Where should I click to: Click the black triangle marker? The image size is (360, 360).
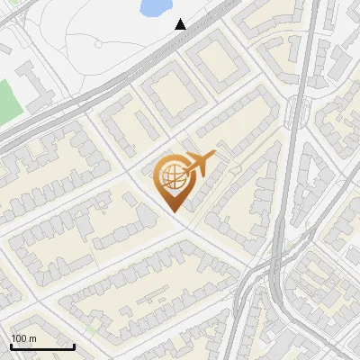pyautogui.click(x=181, y=23)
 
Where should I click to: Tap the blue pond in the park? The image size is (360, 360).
pyautogui.click(x=155, y=8)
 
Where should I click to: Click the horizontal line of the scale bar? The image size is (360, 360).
pyautogui.click(x=42, y=346)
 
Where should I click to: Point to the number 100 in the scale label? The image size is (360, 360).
pyautogui.click(x=19, y=338)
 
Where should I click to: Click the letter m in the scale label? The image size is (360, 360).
pyautogui.click(x=32, y=338)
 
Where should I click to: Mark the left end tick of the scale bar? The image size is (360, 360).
pyautogui.click(x=11, y=345)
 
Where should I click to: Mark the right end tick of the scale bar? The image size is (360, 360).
pyautogui.click(x=74, y=345)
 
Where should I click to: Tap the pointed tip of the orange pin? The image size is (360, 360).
pyautogui.click(x=173, y=211)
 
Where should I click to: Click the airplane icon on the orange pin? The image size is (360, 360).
pyautogui.click(x=199, y=164)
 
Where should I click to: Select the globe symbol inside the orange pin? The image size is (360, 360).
pyautogui.click(x=172, y=178)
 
